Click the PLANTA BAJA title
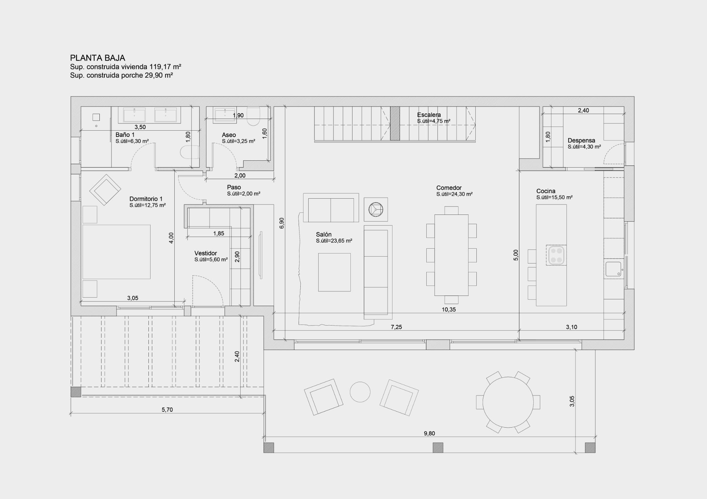[x=97, y=58]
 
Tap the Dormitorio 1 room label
[x=146, y=199]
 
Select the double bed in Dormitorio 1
[x=116, y=252]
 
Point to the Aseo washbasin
[x=225, y=114]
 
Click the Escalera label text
[x=428, y=115]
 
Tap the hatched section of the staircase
[x=395, y=123]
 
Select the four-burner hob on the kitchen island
[x=556, y=255]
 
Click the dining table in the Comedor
[x=451, y=255]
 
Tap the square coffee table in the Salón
[x=334, y=272]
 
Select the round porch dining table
[x=508, y=402]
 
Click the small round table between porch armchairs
[x=360, y=392]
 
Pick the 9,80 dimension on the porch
[x=429, y=433]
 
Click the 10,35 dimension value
[x=448, y=310]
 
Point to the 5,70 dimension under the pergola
[x=167, y=410]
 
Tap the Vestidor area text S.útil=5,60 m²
[x=211, y=260]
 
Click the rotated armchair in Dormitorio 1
[x=105, y=190]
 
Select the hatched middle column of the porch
[x=438, y=448]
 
